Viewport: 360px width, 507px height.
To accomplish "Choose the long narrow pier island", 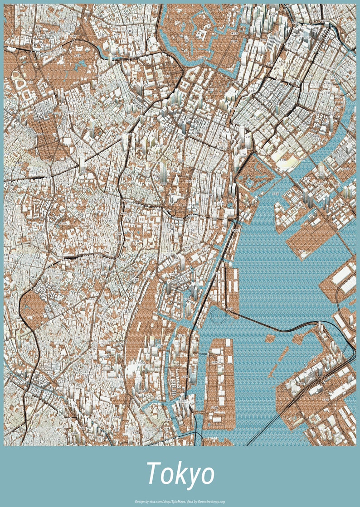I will (x=218, y=385).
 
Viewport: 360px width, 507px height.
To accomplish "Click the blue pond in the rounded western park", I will (x=28, y=308).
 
